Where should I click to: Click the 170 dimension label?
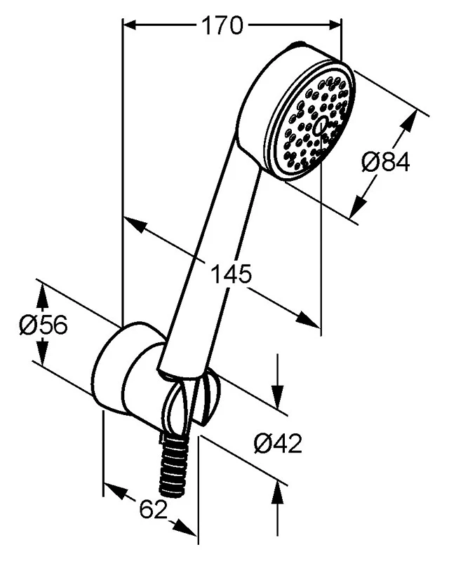click(x=222, y=25)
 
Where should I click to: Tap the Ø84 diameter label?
click(x=385, y=163)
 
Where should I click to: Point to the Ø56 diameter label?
click(x=43, y=325)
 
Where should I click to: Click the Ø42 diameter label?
click(x=278, y=444)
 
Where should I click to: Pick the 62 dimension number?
click(x=154, y=509)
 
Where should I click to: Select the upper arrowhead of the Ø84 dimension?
click(x=410, y=121)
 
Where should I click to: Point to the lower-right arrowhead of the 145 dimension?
click(x=307, y=320)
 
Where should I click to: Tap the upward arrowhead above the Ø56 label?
click(x=43, y=296)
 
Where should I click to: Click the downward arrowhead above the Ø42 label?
click(x=278, y=396)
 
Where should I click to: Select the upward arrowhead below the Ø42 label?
click(x=278, y=492)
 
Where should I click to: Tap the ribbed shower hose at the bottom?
click(x=173, y=466)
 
